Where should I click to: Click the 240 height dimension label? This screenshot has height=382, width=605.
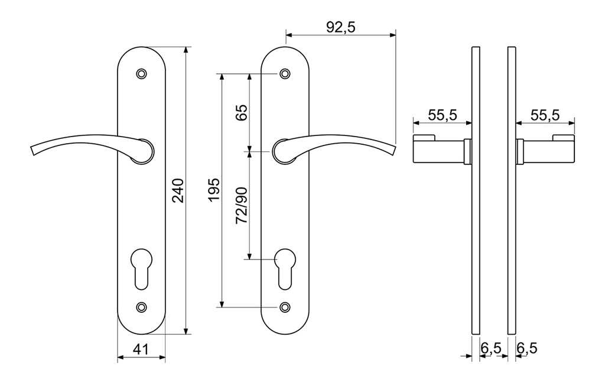point(178,190)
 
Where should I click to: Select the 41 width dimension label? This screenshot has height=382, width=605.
point(141,349)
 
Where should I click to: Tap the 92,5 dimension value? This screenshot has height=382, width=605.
point(340,27)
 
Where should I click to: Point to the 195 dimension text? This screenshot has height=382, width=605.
point(214,189)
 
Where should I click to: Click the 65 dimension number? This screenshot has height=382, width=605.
point(242,113)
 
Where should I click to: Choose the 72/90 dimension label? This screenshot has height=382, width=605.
point(242,205)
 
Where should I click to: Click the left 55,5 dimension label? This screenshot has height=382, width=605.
point(443,115)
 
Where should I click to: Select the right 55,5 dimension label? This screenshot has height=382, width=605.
point(545,115)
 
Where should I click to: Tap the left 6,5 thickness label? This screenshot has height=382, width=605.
point(491,348)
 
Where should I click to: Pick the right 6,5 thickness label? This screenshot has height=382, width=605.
point(526,348)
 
